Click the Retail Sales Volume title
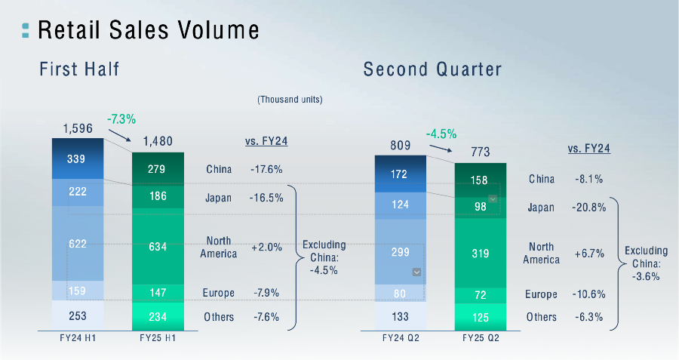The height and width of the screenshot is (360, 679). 148,30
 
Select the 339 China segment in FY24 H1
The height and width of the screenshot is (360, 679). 76,158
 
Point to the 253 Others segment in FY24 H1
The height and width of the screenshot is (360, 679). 76,317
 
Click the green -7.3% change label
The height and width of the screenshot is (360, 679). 121,119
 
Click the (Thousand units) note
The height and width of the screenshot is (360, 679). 290,100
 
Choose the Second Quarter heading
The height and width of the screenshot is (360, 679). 432,69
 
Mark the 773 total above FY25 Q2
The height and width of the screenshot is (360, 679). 481,152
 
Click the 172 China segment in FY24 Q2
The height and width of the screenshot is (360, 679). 401,175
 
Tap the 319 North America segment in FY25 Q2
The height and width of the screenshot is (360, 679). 481,254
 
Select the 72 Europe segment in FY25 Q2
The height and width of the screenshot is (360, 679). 481,294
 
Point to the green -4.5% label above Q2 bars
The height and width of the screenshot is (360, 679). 441,134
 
